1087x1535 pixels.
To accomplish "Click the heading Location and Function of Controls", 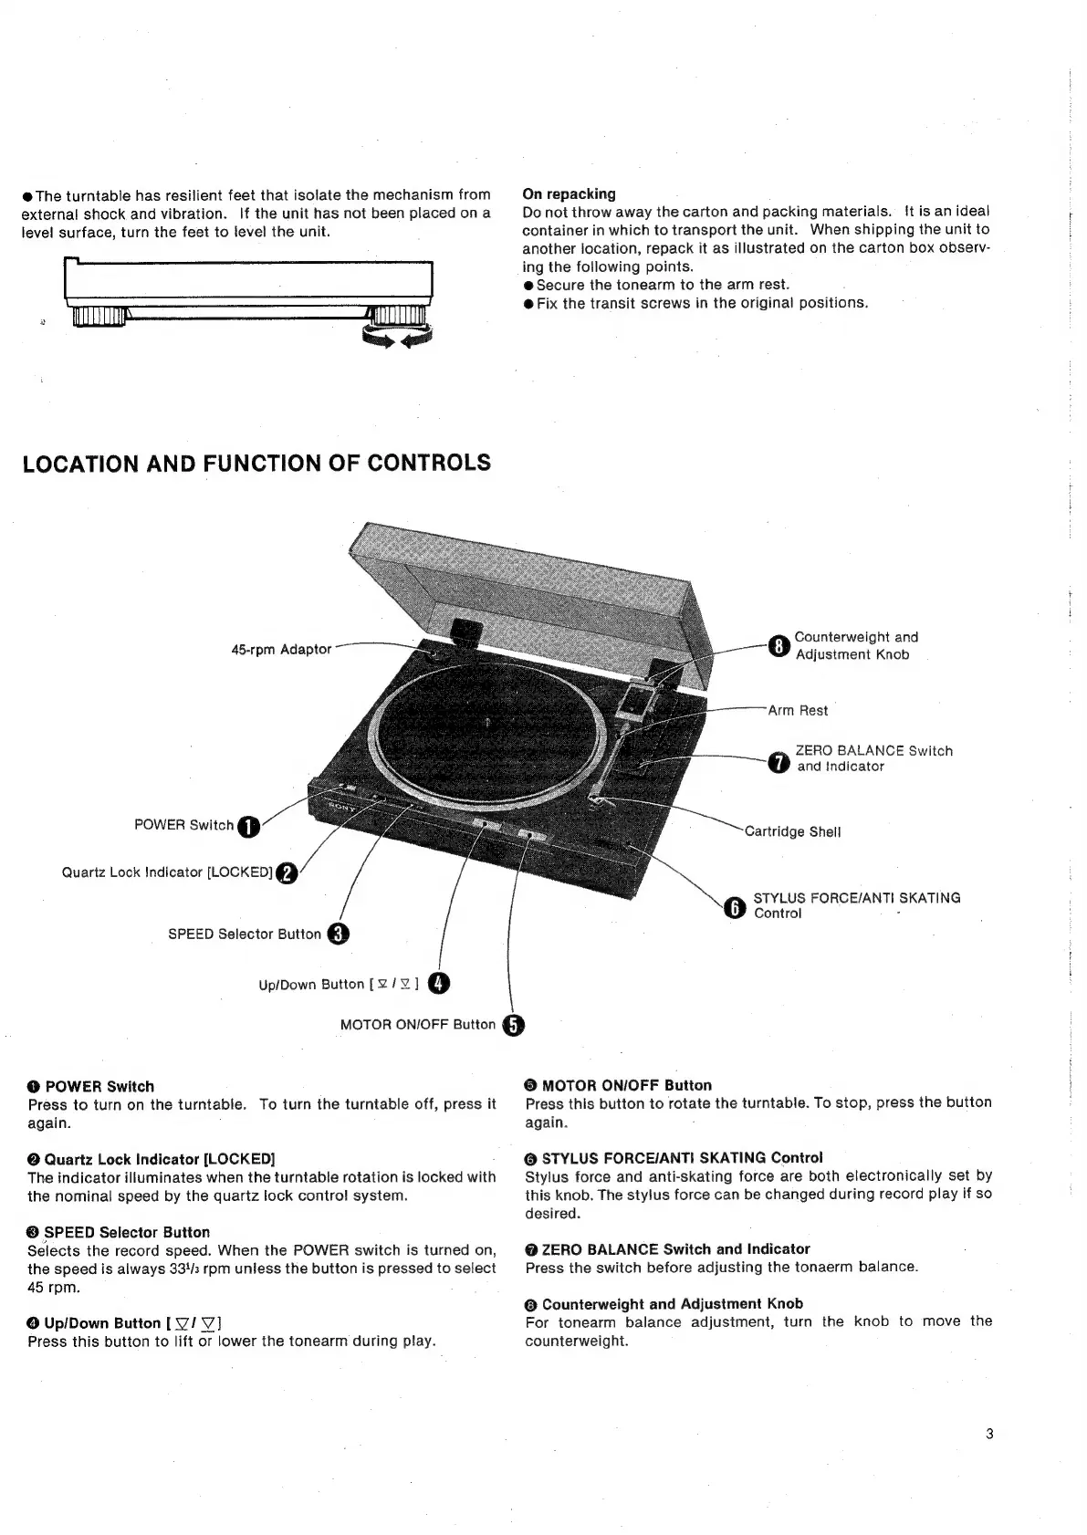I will point(256,464).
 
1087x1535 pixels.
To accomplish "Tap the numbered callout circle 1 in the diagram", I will point(248,827).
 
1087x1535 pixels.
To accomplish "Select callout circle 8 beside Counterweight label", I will point(778,645).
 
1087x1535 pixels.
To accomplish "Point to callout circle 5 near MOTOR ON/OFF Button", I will point(513,1026).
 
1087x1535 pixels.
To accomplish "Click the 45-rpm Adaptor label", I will point(281,650).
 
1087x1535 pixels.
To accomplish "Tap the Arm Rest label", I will point(798,711).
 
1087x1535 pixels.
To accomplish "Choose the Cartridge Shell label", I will point(792,832).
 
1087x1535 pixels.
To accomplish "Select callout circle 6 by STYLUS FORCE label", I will point(735,906).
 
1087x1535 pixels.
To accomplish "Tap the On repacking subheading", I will point(569,194).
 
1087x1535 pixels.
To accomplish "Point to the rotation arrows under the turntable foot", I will point(397,339).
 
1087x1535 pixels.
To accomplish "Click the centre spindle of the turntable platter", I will point(487,722).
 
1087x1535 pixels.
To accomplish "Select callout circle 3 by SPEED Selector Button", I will point(338,934).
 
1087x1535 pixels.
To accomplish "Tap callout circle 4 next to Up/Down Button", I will point(439,983).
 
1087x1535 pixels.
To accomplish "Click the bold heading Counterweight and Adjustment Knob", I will point(672,1304).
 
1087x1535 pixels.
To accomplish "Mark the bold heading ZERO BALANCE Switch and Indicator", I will point(675,1249).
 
